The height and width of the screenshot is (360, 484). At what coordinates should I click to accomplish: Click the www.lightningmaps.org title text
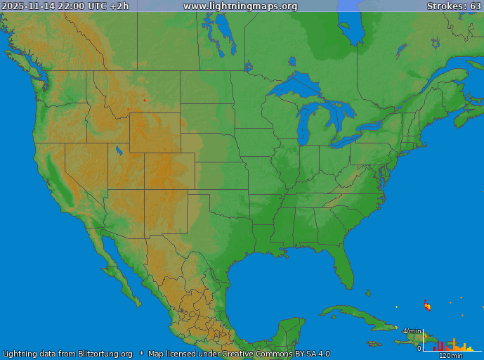click(x=240, y=6)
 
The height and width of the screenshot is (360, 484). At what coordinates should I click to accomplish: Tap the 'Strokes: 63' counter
click(x=454, y=6)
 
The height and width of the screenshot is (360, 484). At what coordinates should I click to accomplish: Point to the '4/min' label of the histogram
click(x=412, y=330)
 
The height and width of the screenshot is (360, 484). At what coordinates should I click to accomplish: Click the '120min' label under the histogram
click(x=451, y=355)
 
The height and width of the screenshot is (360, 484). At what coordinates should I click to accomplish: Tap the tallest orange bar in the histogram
click(x=454, y=345)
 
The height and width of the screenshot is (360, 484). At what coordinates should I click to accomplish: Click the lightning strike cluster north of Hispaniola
click(x=426, y=305)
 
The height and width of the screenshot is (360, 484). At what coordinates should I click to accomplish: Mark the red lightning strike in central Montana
click(x=144, y=101)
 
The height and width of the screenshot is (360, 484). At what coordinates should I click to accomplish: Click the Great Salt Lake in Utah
click(x=119, y=150)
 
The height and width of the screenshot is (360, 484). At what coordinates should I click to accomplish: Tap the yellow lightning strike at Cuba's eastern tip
click(x=396, y=307)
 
